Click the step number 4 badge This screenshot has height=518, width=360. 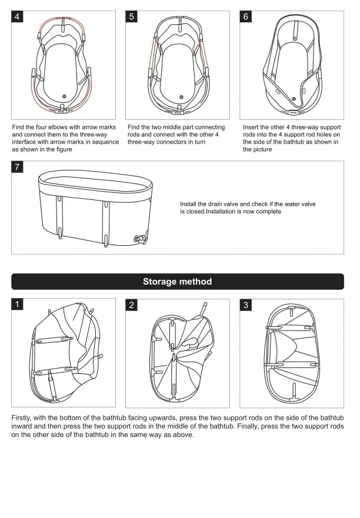(x=17, y=16)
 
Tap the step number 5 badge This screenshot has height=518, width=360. (x=132, y=16)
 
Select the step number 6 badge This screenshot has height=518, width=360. (x=246, y=16)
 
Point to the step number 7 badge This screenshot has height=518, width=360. (x=17, y=168)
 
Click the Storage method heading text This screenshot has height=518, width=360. (x=177, y=282)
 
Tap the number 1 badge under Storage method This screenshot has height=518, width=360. (x=17, y=305)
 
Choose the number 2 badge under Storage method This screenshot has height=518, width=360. (x=132, y=305)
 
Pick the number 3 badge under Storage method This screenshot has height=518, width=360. (x=246, y=305)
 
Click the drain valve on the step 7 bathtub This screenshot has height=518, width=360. (x=141, y=238)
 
